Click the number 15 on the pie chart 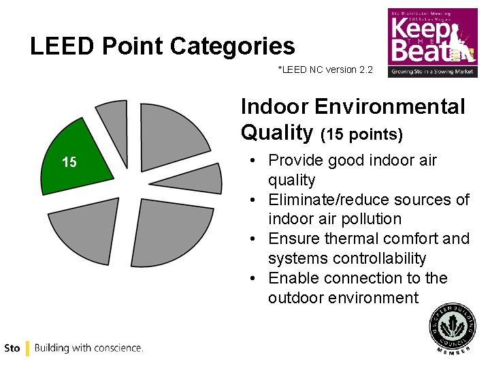coord(69,162)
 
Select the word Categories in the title coord(232,46)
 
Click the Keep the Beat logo coord(432,42)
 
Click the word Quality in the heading coord(276,132)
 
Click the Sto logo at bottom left coord(12,348)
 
